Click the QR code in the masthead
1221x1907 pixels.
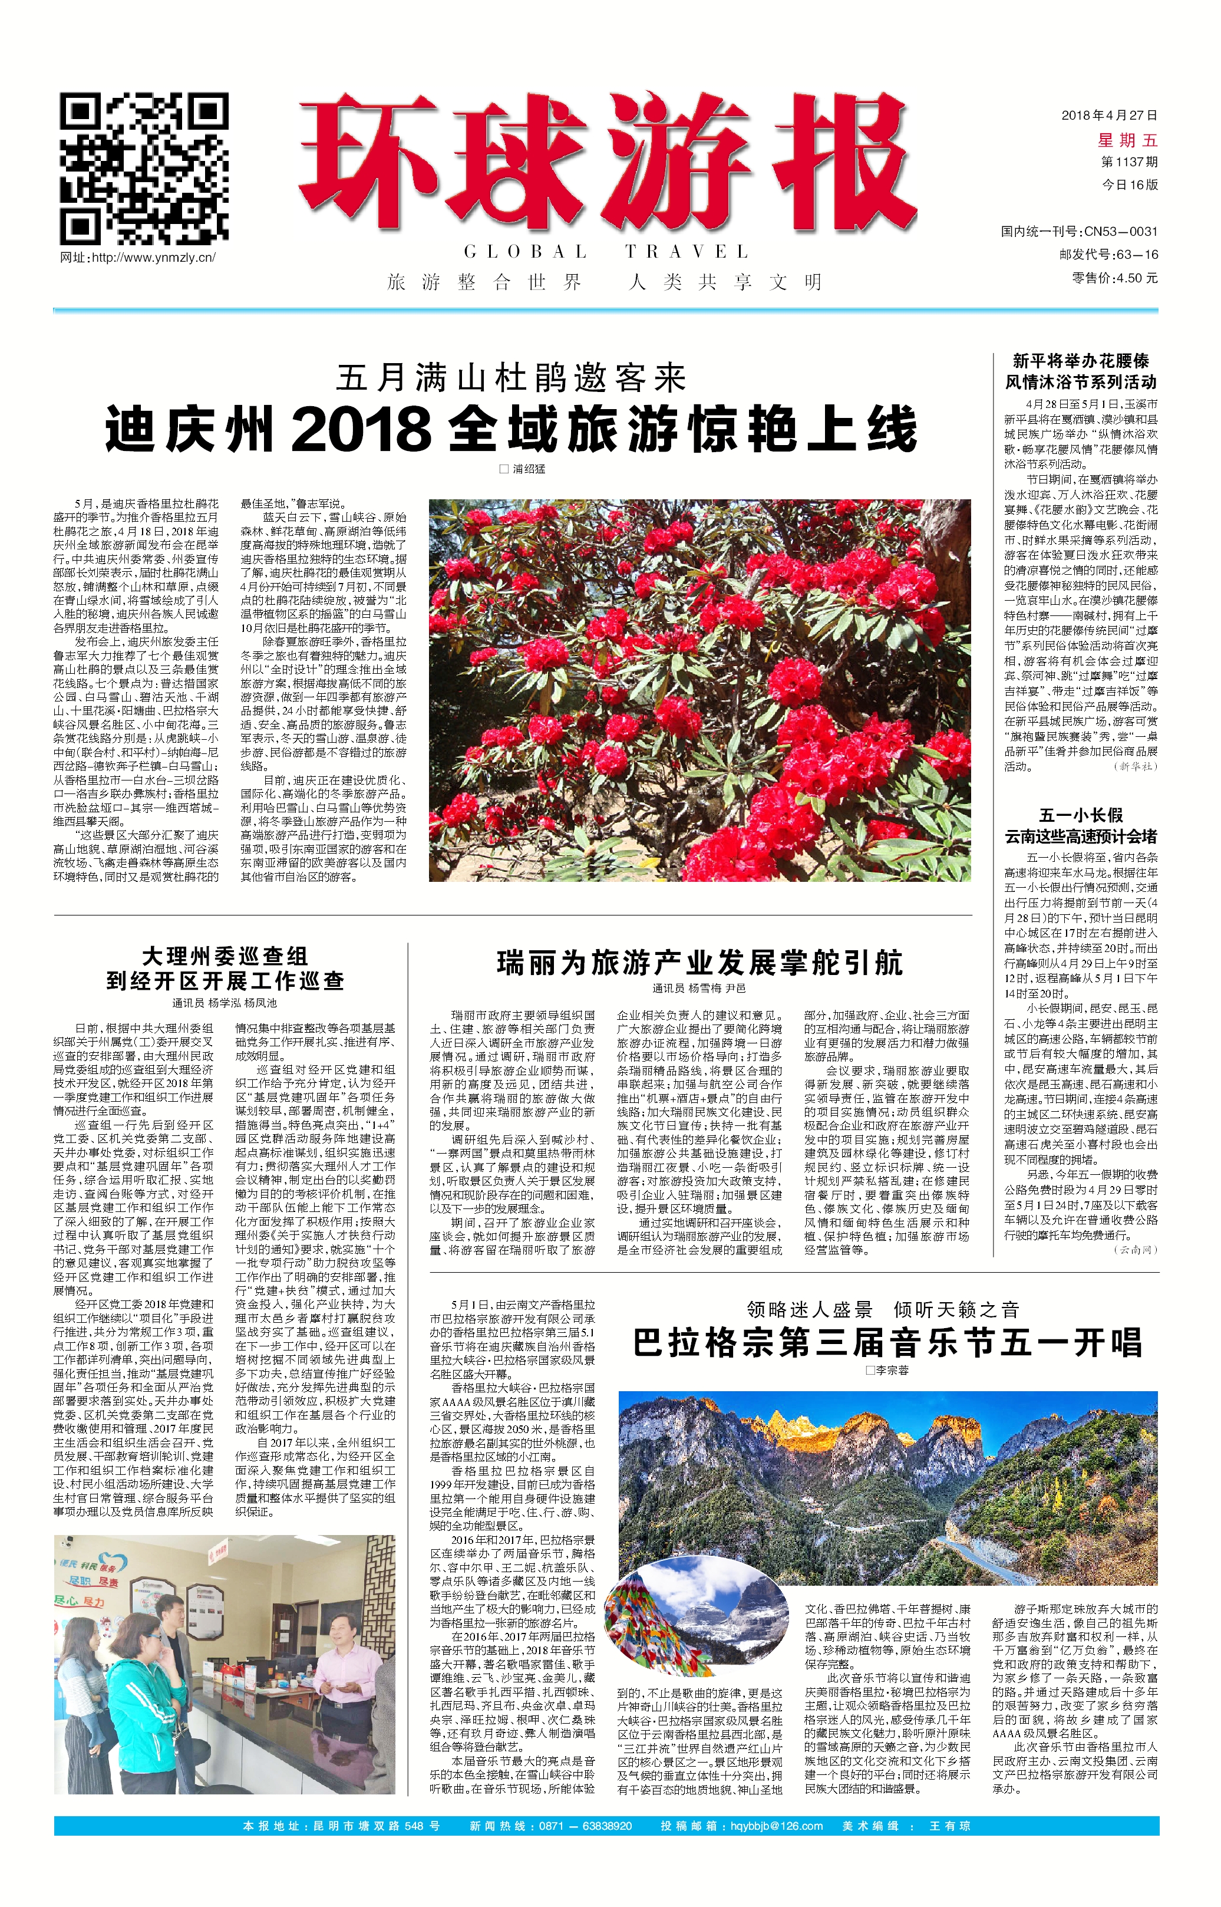pos(145,167)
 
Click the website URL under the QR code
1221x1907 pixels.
pos(138,258)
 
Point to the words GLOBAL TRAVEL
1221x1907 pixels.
pos(606,252)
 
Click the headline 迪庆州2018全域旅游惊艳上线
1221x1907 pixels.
pos(511,429)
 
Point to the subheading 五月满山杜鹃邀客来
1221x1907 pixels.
pos(511,378)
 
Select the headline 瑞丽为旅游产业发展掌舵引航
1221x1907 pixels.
pos(699,963)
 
